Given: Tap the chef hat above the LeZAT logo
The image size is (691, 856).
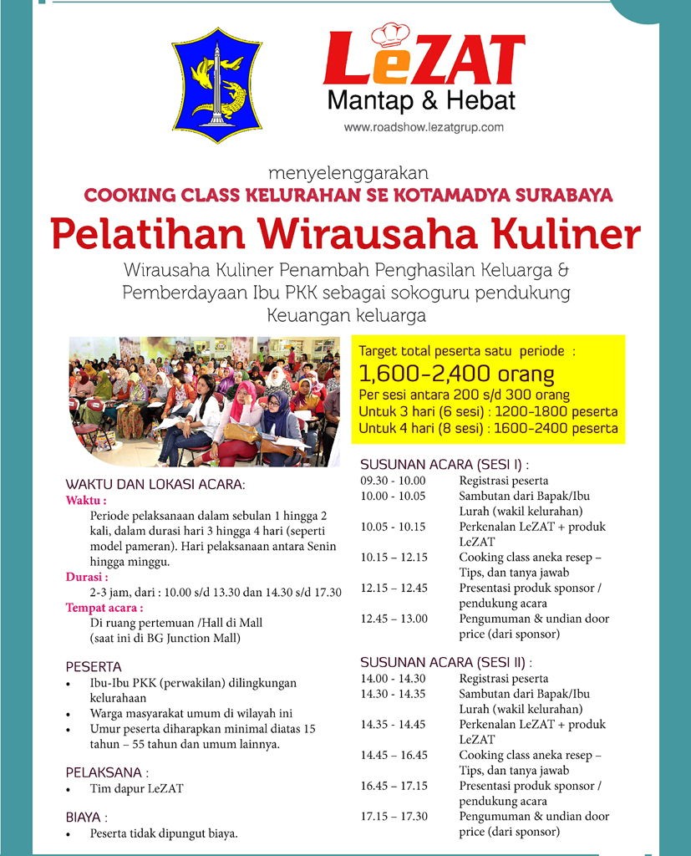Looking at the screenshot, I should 389,34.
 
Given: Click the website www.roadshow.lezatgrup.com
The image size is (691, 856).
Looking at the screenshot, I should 424,128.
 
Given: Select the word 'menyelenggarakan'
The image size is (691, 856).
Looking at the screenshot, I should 348,174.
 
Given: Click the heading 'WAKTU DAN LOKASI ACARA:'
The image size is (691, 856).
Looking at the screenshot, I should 156,484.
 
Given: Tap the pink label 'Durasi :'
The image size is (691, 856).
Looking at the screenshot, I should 87,577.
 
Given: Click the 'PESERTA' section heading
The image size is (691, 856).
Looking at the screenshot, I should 94,667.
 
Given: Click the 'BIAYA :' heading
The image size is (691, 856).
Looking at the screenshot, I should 87,817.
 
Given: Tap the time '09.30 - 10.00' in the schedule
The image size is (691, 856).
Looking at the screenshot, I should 393,481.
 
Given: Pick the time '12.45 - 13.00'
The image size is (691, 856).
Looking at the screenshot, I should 394,619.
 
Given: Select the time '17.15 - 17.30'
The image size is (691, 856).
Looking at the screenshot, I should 394,816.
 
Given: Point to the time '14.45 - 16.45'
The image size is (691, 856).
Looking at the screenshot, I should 394,755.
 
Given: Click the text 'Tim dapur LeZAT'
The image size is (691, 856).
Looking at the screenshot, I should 136,788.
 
